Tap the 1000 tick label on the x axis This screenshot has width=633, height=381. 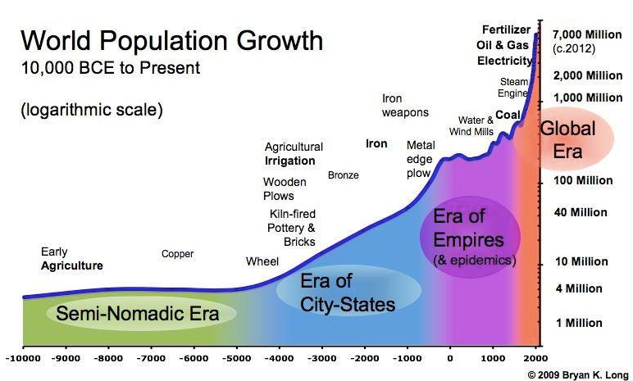point(493,358)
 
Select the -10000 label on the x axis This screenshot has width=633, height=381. point(24,358)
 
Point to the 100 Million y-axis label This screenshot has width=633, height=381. point(583,180)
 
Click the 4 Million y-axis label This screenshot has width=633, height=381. point(579,288)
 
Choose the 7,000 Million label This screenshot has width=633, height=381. point(587,34)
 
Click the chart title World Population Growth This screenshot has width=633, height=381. point(171,41)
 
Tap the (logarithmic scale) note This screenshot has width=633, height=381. point(92,110)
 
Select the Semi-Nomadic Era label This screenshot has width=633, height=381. point(137,314)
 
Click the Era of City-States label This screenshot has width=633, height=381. point(347,293)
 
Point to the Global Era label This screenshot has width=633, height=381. point(567,140)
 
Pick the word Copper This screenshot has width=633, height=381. point(177,254)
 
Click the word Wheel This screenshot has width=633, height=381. point(262,261)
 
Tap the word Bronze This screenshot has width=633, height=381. point(343,175)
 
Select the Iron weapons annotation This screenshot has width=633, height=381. point(405,106)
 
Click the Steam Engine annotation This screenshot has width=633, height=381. point(513,88)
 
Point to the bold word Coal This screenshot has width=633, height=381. point(508,115)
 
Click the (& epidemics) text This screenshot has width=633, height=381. point(475,261)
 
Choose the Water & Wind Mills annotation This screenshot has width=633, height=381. point(471,126)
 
